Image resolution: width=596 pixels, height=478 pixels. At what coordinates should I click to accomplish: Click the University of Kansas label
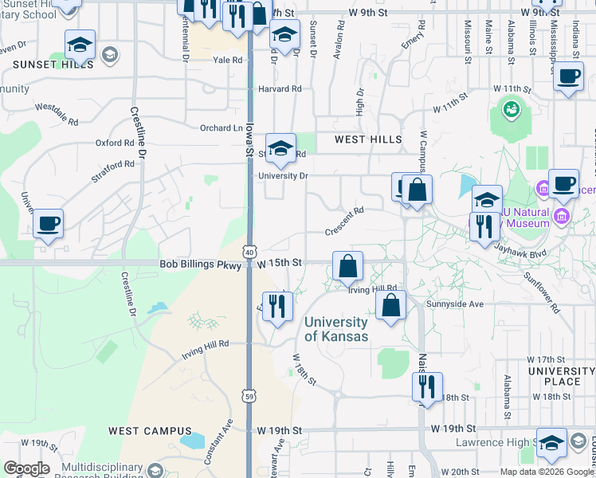tap(336, 329)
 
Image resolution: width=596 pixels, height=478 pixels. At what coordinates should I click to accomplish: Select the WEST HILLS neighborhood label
tap(367, 139)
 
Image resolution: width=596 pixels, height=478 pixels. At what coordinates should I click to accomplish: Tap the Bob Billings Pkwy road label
tap(199, 263)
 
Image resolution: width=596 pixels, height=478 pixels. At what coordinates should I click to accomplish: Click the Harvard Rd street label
tap(280, 89)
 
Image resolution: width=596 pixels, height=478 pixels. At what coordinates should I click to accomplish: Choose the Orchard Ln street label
tap(221, 127)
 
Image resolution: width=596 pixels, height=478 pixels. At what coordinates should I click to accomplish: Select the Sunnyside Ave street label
tap(454, 304)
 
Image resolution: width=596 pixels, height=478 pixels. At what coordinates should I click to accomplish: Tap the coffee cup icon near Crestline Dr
tap(49, 223)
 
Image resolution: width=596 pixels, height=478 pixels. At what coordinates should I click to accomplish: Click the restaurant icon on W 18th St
tap(427, 387)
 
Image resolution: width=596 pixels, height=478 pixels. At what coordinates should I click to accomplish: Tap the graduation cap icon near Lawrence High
tap(551, 442)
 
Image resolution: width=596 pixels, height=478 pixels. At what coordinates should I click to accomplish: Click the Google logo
tap(26, 468)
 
